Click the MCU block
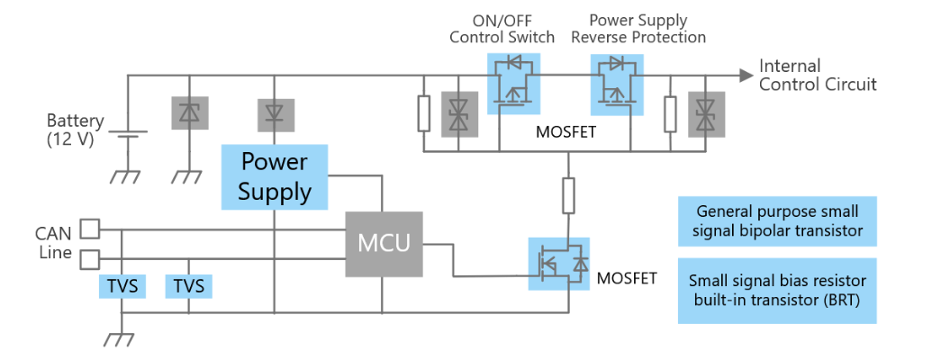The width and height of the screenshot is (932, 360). click(x=384, y=244)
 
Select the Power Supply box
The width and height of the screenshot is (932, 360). click(x=275, y=176)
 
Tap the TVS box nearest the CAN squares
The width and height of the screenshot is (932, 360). click(x=122, y=286)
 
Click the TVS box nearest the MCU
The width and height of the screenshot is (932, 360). click(x=188, y=286)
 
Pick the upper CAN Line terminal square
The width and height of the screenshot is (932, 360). click(x=90, y=229)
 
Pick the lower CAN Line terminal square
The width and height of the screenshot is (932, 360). click(x=90, y=259)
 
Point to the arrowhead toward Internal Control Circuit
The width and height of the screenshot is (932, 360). click(x=746, y=76)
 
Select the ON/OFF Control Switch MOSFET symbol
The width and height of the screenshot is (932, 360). click(x=513, y=84)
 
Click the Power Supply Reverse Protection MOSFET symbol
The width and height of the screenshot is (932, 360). click(x=617, y=84)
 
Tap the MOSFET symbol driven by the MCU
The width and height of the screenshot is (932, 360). click(x=558, y=264)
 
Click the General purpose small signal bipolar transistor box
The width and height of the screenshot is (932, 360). click(x=777, y=221)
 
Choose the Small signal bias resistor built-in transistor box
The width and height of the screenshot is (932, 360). click(x=777, y=291)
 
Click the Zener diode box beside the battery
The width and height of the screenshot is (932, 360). click(x=190, y=112)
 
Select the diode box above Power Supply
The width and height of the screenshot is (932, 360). click(x=276, y=114)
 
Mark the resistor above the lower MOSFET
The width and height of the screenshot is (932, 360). click(x=569, y=195)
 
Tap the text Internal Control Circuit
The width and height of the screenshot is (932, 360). click(x=818, y=75)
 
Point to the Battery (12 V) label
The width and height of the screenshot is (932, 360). click(x=76, y=130)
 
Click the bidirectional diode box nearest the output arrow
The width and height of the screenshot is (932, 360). click(x=706, y=114)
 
